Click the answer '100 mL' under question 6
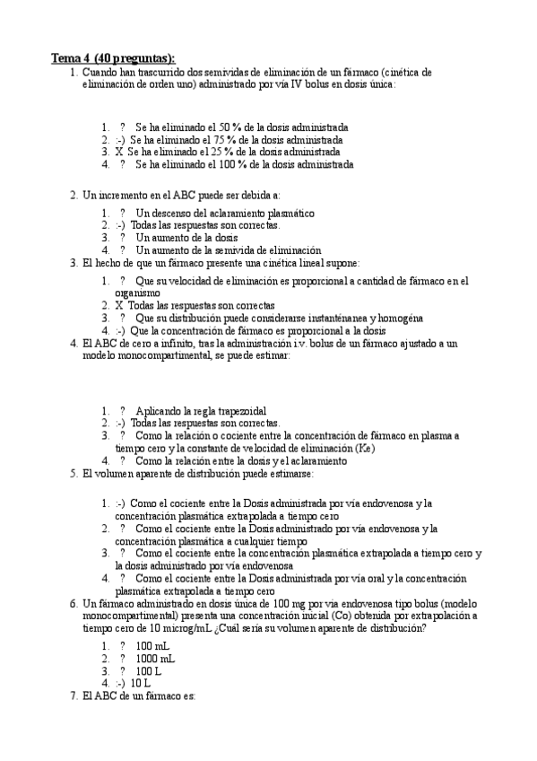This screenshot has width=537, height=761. pyautogui.click(x=152, y=645)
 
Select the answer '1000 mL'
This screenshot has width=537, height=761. pyautogui.click(x=155, y=658)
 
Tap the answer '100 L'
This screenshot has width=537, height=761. pyautogui.click(x=151, y=669)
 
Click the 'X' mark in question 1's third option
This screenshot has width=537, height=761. pyautogui.click(x=119, y=153)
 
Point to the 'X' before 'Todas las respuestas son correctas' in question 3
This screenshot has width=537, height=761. pyautogui.click(x=119, y=305)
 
